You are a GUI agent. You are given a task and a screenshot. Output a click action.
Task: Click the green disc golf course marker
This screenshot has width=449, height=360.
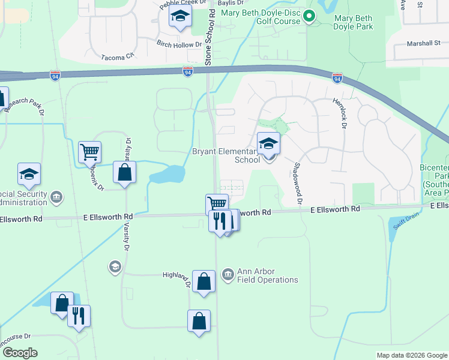(310, 16)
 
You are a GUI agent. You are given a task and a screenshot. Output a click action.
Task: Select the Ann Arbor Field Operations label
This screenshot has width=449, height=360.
(267, 275)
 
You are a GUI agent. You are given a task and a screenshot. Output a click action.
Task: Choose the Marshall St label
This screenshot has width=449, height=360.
(423, 43)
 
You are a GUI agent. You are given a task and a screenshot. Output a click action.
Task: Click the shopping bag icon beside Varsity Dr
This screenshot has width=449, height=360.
(124, 173)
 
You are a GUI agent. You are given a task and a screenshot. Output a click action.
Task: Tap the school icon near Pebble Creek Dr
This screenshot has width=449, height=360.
(179, 18)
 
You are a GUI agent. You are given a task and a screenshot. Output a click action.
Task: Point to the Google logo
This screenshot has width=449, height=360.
(20, 353)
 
